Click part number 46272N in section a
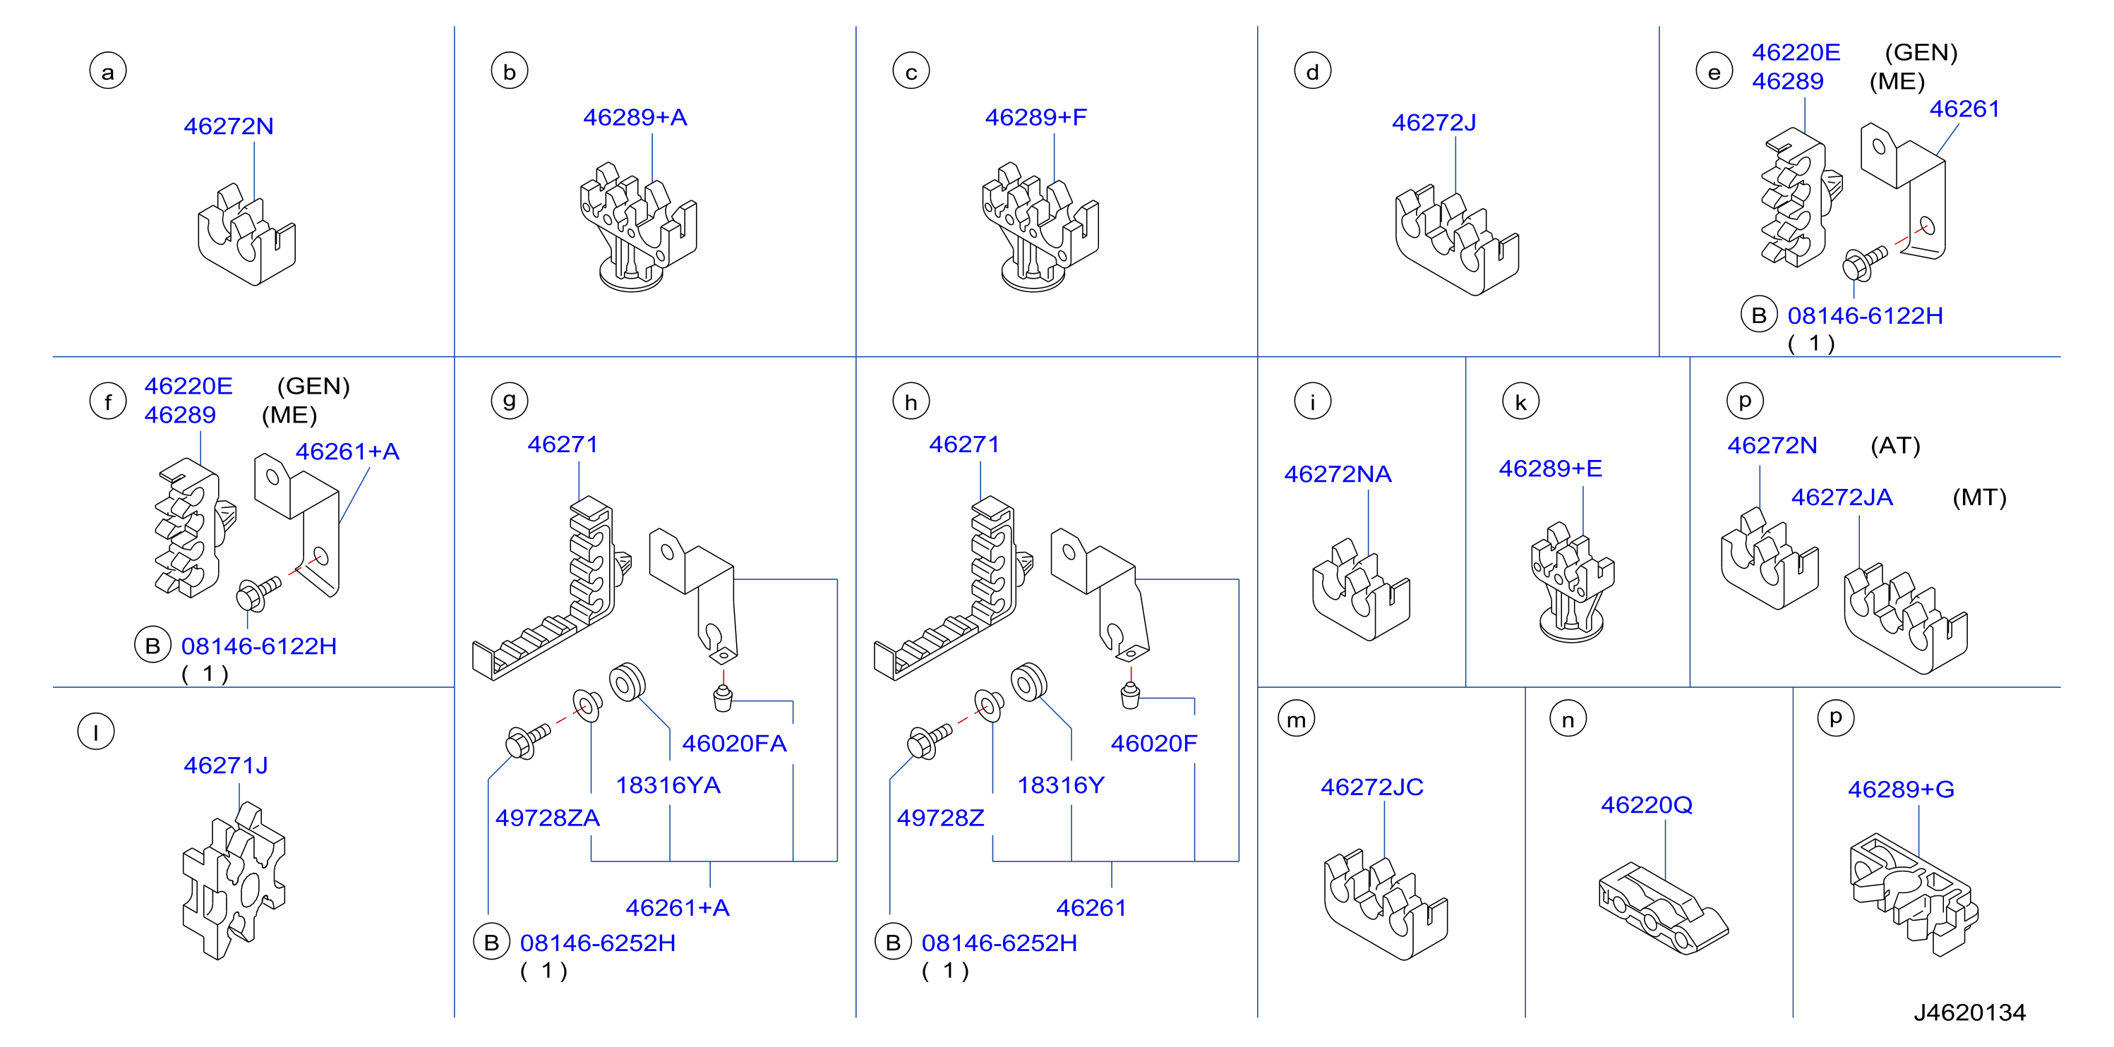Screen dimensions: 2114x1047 tap(228, 126)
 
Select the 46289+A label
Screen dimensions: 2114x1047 tap(635, 117)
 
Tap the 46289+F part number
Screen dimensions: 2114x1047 tap(1035, 117)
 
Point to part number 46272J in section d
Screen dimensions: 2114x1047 tap(1434, 123)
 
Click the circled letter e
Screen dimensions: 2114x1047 tap(1714, 71)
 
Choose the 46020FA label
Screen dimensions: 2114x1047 tap(735, 744)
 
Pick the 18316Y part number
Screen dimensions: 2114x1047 tap(1061, 785)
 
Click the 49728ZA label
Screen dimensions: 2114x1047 tap(547, 818)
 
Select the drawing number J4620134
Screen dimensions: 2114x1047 tap(1969, 1012)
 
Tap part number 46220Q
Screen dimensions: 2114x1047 tap(1646, 805)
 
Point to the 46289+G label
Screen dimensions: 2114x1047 tap(1901, 789)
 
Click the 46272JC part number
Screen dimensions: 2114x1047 tap(1371, 787)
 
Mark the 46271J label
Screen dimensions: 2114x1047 tap(226, 765)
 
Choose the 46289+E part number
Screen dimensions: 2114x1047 tap(1550, 468)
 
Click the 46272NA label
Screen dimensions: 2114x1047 tap(1338, 474)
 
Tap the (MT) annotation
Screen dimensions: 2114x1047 tap(1979, 497)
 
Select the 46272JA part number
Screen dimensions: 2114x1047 tap(1842, 497)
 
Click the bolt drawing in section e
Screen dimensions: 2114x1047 tap(1865, 262)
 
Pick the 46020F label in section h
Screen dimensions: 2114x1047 tap(1154, 744)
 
